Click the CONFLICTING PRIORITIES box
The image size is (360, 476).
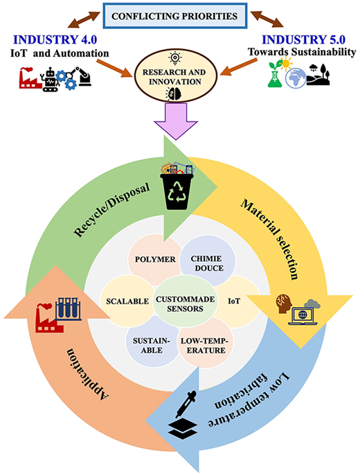tap(175, 16)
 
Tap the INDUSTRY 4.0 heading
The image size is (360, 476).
tap(55, 39)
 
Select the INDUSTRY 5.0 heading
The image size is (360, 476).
tap(304, 39)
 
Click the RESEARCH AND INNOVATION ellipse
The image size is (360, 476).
tap(175, 76)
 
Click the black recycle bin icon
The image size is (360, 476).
tap(177, 191)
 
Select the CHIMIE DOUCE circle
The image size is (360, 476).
tap(208, 262)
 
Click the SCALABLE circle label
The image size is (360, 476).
tap(127, 301)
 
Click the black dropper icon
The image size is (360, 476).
tap(186, 404)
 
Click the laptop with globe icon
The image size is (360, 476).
tap(303, 316)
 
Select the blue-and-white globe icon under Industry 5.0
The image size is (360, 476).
tap(296, 78)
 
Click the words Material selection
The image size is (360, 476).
tap(269, 239)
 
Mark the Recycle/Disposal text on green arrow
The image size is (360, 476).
tap(112, 210)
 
